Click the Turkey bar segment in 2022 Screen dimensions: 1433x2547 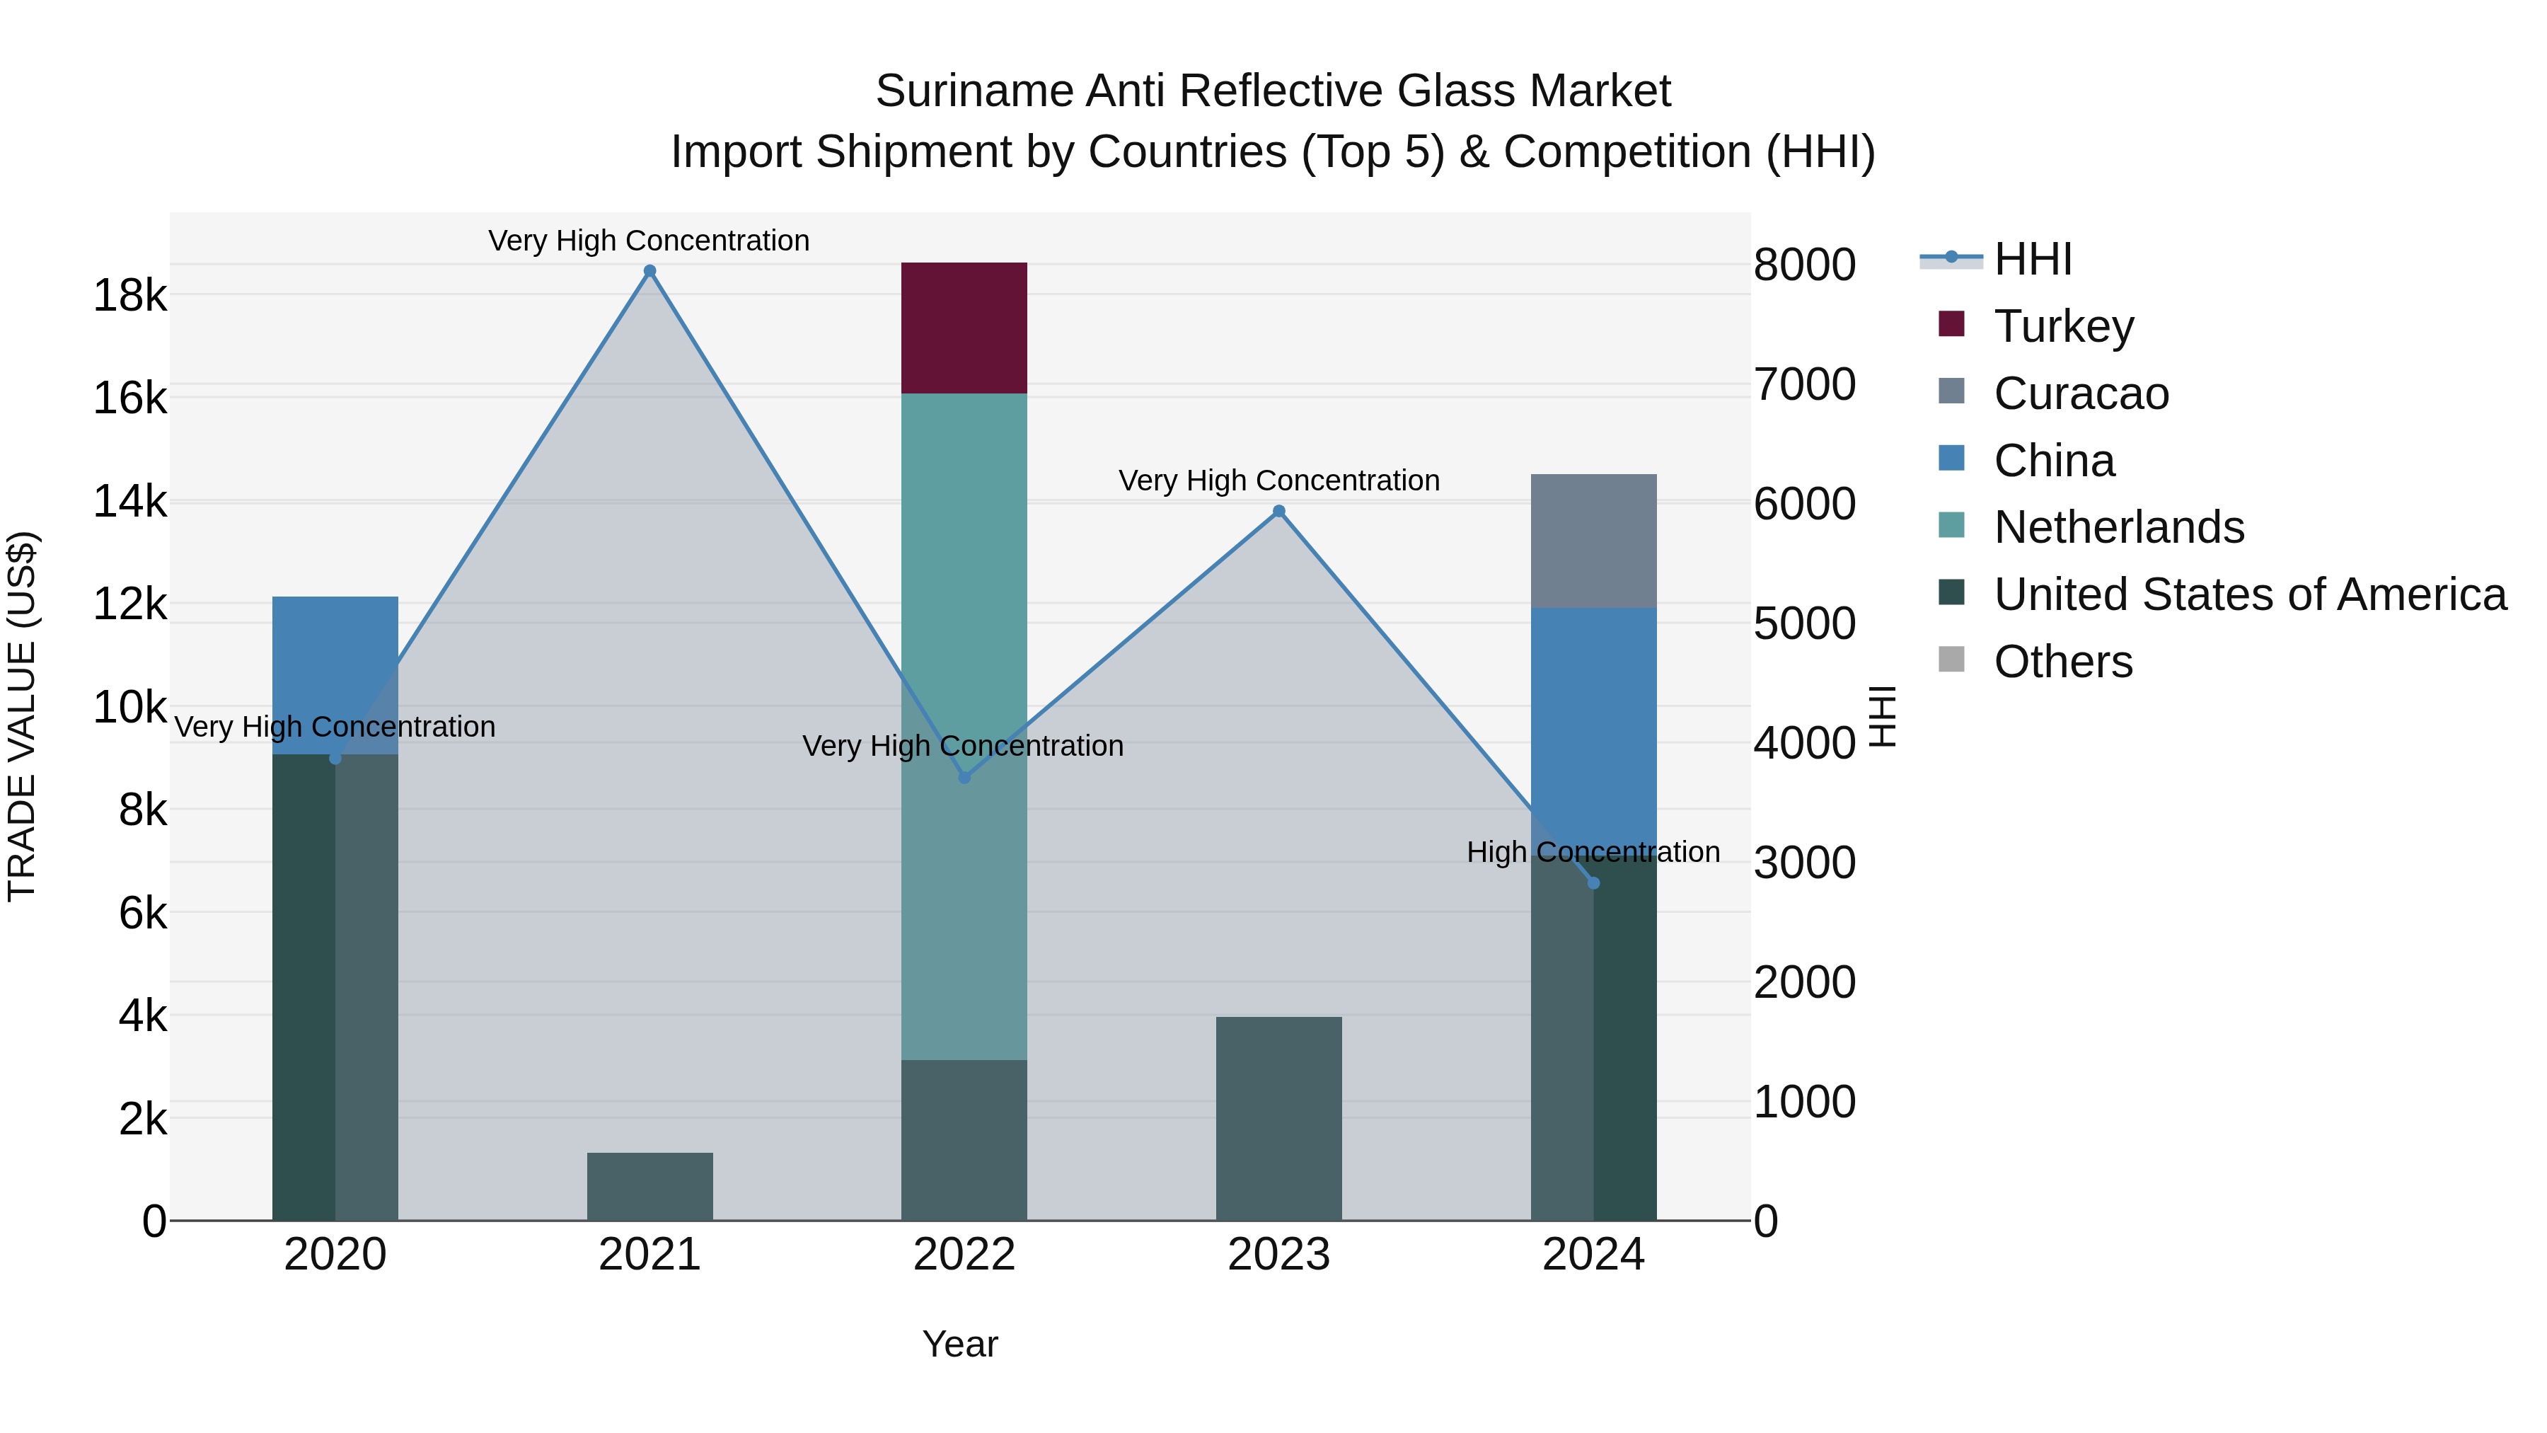pyautogui.click(x=964, y=328)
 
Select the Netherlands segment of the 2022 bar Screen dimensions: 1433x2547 pyautogui.click(x=964, y=594)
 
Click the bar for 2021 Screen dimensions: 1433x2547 pyautogui.click(x=649, y=1186)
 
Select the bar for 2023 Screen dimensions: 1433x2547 pyautogui.click(x=1278, y=1117)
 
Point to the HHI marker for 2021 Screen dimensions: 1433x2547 pyautogui.click(x=649, y=271)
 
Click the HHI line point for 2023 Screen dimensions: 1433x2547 pyautogui.click(x=1278, y=512)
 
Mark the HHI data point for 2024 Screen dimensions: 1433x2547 pyautogui.click(x=1593, y=883)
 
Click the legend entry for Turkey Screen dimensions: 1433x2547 pyautogui.click(x=2064, y=326)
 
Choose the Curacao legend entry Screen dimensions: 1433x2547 pyautogui.click(x=2080, y=393)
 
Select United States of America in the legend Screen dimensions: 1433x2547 pyautogui.click(x=2249, y=594)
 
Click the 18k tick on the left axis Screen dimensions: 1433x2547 pyautogui.click(x=129, y=294)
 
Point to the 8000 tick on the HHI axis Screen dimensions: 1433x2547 pyautogui.click(x=1804, y=265)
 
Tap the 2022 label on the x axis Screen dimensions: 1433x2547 pyautogui.click(x=964, y=1255)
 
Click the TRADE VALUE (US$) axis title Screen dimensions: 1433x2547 pyautogui.click(x=22, y=716)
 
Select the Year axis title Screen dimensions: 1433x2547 pyautogui.click(x=960, y=1344)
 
